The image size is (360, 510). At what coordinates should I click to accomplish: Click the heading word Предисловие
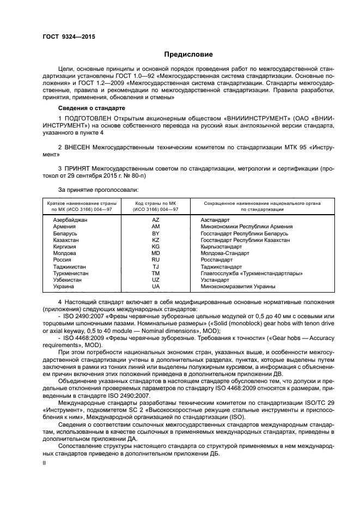(x=188, y=54)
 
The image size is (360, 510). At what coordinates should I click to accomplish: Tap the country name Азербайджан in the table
(x=70, y=220)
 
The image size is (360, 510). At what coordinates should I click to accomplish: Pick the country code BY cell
(x=155, y=233)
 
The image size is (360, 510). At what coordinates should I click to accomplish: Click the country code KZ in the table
(x=155, y=240)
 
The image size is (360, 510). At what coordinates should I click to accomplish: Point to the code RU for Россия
(x=155, y=260)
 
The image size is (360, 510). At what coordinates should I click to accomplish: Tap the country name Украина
(x=64, y=287)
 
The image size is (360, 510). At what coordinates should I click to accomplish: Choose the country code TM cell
(x=155, y=274)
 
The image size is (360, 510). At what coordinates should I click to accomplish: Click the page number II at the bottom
(x=45, y=464)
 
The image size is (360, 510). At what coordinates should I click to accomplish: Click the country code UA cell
(x=155, y=287)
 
